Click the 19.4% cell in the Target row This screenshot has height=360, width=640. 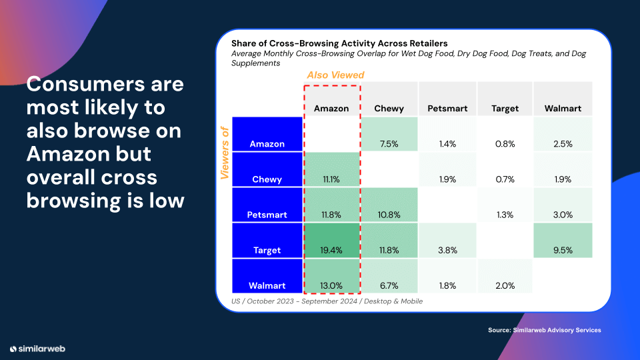click(x=331, y=250)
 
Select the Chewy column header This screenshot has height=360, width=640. click(x=389, y=108)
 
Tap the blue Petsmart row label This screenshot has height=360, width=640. click(x=266, y=215)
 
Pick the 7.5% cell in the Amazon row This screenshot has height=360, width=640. click(x=389, y=144)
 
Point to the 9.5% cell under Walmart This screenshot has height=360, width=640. click(x=563, y=250)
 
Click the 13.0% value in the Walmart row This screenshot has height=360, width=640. click(x=331, y=285)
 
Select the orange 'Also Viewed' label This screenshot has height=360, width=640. click(x=335, y=75)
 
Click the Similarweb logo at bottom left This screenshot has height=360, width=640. click(x=37, y=349)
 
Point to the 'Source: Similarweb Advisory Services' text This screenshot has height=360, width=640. click(x=544, y=330)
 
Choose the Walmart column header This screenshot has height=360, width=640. click(x=563, y=108)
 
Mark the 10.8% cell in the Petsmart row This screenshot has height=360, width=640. click(x=389, y=215)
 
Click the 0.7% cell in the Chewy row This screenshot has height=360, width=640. click(x=505, y=179)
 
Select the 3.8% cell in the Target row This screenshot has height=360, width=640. click(x=447, y=250)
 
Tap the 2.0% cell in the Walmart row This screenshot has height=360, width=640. click(x=505, y=285)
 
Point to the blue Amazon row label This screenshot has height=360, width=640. click(x=266, y=144)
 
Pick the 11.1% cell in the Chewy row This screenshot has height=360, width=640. click(x=331, y=179)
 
